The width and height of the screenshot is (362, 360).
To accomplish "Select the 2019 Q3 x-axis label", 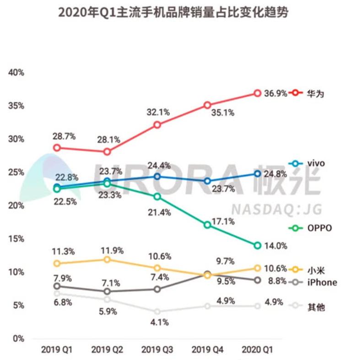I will tap(157, 350).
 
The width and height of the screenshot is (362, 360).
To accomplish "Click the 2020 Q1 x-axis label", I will tap(257, 350).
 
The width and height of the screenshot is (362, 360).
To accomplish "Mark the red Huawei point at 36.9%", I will tap(257, 93).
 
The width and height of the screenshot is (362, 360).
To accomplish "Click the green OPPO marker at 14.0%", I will tap(257, 246).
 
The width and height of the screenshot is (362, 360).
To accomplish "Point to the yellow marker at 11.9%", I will tap(107, 259).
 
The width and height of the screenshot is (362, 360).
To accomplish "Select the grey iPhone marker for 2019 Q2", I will tap(107, 291).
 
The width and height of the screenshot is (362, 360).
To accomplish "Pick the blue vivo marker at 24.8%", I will tap(257, 174).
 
